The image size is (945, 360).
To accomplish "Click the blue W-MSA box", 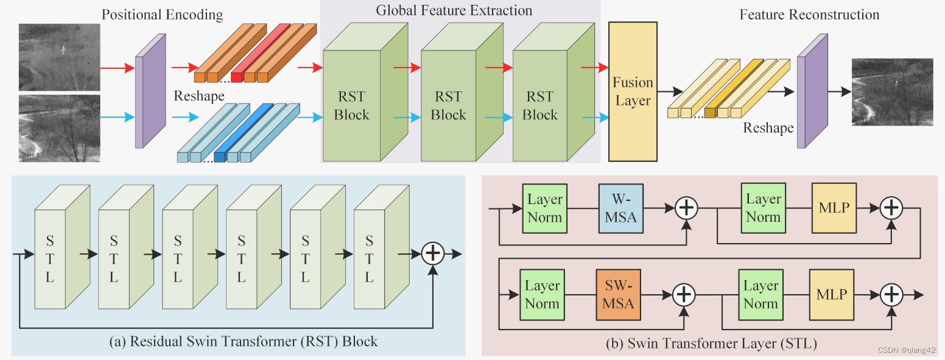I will click(620, 209).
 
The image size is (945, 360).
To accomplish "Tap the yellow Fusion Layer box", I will click(633, 91).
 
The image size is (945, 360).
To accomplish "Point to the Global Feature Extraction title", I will click(454, 10).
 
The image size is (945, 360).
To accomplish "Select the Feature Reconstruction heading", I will click(809, 15).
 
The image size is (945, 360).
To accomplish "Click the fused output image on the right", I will click(892, 92).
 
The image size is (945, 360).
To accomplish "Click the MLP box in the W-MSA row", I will click(834, 208).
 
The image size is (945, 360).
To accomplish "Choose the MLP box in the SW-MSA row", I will click(831, 295).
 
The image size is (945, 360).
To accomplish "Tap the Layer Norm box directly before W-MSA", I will click(544, 208).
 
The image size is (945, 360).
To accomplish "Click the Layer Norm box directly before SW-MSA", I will click(542, 295).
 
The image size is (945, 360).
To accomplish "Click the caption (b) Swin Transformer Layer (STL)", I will click(711, 344).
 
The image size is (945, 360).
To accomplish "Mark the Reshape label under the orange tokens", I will click(198, 96).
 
